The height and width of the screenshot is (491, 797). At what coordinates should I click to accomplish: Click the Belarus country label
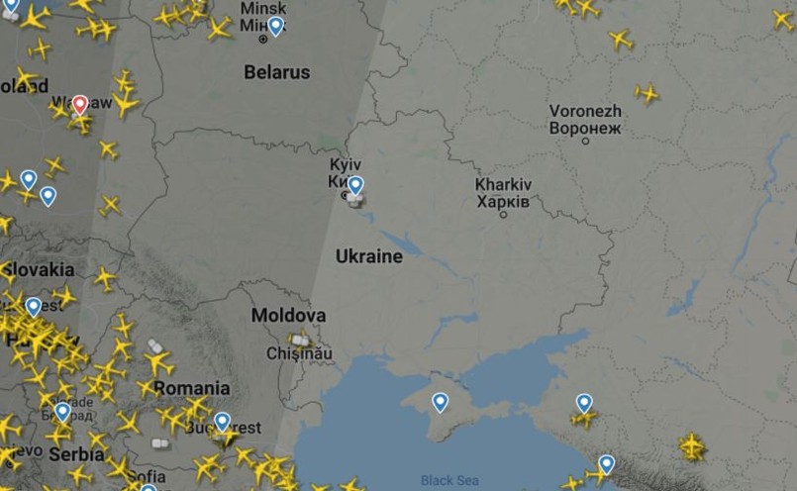click(x=277, y=72)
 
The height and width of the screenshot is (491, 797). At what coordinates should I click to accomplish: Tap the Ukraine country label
click(x=369, y=256)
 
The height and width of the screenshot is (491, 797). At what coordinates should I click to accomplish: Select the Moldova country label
click(x=288, y=316)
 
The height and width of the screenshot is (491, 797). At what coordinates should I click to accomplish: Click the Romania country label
click(x=192, y=388)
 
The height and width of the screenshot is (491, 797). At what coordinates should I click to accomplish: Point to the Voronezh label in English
click(x=585, y=111)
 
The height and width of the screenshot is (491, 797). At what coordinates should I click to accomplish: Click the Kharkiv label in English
click(x=503, y=185)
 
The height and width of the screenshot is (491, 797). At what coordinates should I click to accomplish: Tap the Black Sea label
click(x=449, y=481)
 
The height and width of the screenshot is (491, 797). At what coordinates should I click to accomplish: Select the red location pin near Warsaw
click(x=80, y=104)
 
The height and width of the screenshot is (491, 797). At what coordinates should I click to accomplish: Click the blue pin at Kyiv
click(x=355, y=184)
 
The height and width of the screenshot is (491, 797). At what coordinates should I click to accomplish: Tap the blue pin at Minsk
click(x=275, y=26)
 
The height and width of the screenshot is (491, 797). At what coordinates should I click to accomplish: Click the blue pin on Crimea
click(x=440, y=401)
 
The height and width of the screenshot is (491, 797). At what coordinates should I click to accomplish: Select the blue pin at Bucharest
click(x=222, y=421)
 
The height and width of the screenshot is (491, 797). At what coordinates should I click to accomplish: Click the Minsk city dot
click(x=263, y=40)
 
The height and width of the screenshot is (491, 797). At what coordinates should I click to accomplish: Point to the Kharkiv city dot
click(x=503, y=214)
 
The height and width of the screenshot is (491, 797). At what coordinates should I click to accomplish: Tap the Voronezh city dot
click(x=585, y=142)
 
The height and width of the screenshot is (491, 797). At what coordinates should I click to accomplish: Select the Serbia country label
click(x=76, y=454)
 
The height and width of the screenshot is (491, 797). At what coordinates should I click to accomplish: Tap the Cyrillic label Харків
click(x=503, y=201)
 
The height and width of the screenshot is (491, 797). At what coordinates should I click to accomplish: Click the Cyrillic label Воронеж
click(x=585, y=128)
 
